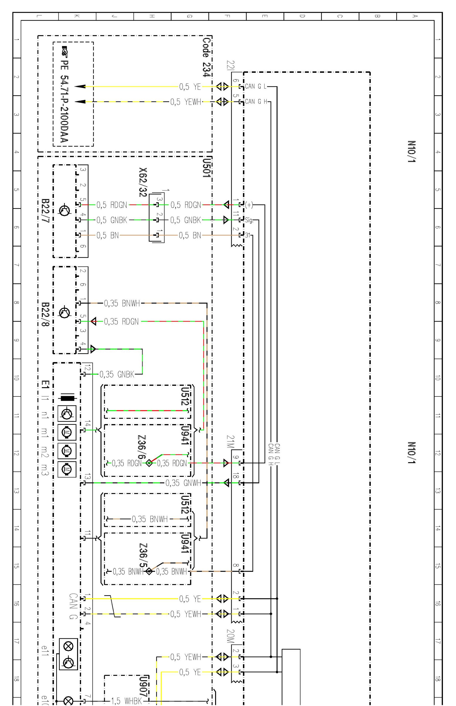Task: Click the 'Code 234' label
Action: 207,57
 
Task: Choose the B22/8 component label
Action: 45,315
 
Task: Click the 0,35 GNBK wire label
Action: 117,374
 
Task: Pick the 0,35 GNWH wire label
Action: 183,483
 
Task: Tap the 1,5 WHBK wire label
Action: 126,701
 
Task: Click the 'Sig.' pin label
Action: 249,220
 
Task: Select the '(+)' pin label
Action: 249,205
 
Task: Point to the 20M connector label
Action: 230,636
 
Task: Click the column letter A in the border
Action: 415,16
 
